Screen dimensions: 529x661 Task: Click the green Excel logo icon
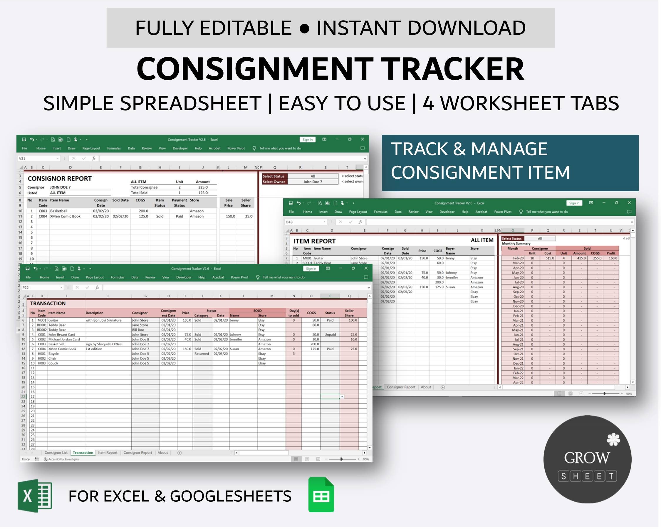35,495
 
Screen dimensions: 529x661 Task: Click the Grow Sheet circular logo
587,459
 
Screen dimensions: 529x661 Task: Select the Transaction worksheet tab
83,453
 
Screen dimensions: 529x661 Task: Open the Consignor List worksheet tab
56,453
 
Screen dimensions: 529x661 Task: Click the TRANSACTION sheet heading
48,303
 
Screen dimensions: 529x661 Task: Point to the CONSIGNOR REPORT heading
59,178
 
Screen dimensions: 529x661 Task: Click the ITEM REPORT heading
314,241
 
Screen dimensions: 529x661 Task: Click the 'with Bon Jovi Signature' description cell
103,320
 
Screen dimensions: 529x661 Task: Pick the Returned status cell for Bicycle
202,354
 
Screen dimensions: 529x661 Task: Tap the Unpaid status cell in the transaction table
330,334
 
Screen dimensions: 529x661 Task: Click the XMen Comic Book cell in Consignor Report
65,216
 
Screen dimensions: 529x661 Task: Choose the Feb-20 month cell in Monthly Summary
518,258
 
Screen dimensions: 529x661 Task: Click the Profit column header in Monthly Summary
611,253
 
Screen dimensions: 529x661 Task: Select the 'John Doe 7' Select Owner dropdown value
313,182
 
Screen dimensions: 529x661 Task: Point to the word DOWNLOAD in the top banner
466,28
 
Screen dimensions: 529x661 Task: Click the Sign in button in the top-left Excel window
307,140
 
